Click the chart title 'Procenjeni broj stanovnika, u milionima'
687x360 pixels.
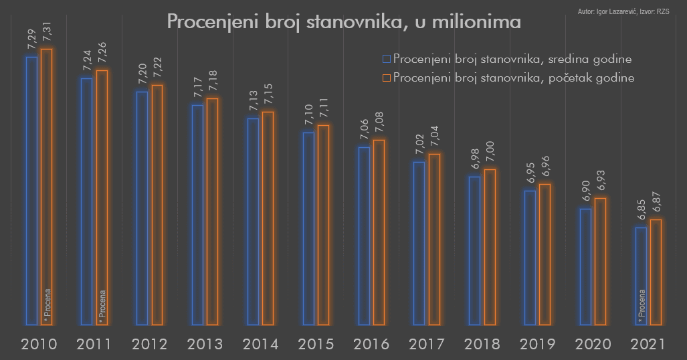click(x=343, y=21)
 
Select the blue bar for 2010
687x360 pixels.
click(x=31, y=191)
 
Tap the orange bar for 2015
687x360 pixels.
click(x=323, y=225)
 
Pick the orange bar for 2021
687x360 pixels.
click(x=656, y=272)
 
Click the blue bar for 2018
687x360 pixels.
click(x=474, y=250)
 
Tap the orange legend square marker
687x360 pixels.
click(x=386, y=78)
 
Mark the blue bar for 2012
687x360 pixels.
click(x=142, y=208)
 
